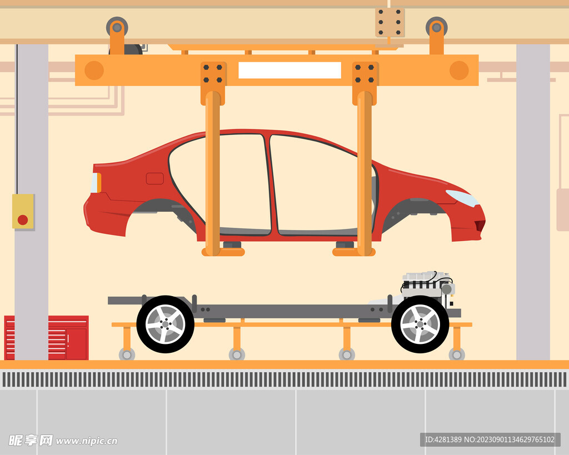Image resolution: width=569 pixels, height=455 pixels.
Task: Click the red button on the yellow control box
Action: point(23,219)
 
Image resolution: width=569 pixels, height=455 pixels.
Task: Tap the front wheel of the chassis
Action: point(420,324)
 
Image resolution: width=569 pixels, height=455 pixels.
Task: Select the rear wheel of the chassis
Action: point(165,324)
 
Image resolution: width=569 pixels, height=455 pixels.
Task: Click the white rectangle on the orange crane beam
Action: point(290,70)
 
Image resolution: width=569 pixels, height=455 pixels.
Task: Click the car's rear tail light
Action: point(96,183)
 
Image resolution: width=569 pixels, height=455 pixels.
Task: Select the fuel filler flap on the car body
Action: point(154,178)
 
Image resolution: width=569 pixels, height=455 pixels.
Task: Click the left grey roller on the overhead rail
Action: point(117,27)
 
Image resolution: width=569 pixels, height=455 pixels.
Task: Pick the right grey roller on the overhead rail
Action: point(436,27)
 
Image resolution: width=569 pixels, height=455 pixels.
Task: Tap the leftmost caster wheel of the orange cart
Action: point(127,354)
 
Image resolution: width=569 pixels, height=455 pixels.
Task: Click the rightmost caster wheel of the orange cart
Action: point(457,354)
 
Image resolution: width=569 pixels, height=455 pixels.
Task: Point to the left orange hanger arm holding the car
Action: point(212,172)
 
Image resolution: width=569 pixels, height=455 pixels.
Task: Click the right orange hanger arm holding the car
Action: point(365,172)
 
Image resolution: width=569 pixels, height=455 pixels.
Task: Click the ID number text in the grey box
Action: point(490,439)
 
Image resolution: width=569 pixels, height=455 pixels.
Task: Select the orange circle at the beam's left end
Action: point(94,71)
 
